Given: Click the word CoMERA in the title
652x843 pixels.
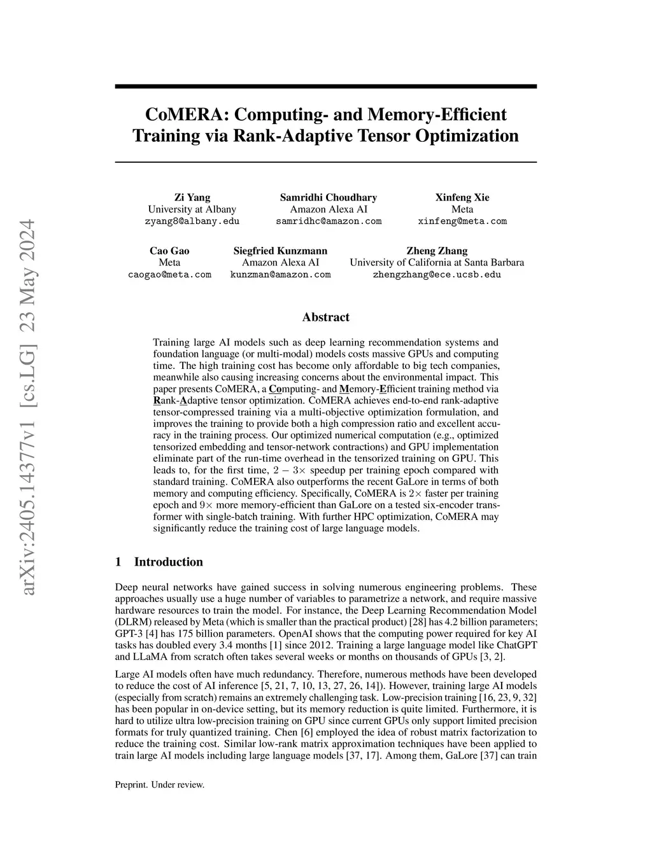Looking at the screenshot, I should coord(186,115).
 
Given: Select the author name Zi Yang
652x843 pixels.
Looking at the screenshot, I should coord(192,197).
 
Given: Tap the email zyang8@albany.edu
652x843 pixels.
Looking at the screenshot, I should coord(192,221).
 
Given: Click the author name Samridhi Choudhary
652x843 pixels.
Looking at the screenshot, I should coord(329,197).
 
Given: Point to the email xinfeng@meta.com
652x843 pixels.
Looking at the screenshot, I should coord(462,221).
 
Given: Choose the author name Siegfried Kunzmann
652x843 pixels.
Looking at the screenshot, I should coord(280,251).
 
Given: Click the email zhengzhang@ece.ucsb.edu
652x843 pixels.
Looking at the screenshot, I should coord(437,275).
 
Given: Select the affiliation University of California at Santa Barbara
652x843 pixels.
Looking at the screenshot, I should coord(437,263).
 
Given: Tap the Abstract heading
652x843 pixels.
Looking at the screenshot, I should coord(325,317).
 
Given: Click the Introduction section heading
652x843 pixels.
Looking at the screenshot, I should coord(168,562).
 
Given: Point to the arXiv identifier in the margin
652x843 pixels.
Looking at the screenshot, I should coord(29,407).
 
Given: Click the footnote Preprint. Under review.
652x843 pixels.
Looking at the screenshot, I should coord(159,785).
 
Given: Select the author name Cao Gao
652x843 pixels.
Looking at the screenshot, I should coord(169,251).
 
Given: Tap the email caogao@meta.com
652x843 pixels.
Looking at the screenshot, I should coord(169,275).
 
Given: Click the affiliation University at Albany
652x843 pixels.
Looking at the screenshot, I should coord(192,209).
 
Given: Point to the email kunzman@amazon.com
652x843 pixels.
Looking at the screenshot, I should coord(280,275).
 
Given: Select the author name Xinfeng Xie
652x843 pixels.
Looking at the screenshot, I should coord(462,197).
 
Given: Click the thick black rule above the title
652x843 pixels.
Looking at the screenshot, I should coord(325,86).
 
